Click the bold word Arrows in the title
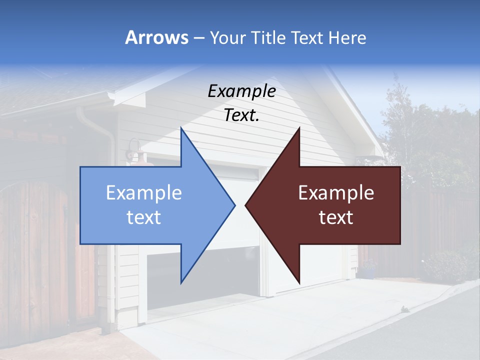[156, 37]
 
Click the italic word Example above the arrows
[241, 91]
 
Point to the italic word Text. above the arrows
[241, 115]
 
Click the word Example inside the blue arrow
[144, 193]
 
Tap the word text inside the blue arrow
[144, 217]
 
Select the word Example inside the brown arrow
[336, 193]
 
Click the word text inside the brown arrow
[336, 217]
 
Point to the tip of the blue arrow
[234, 205]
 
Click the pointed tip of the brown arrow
[245, 205]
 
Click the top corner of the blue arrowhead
[181, 128]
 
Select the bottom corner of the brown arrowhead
[299, 283]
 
